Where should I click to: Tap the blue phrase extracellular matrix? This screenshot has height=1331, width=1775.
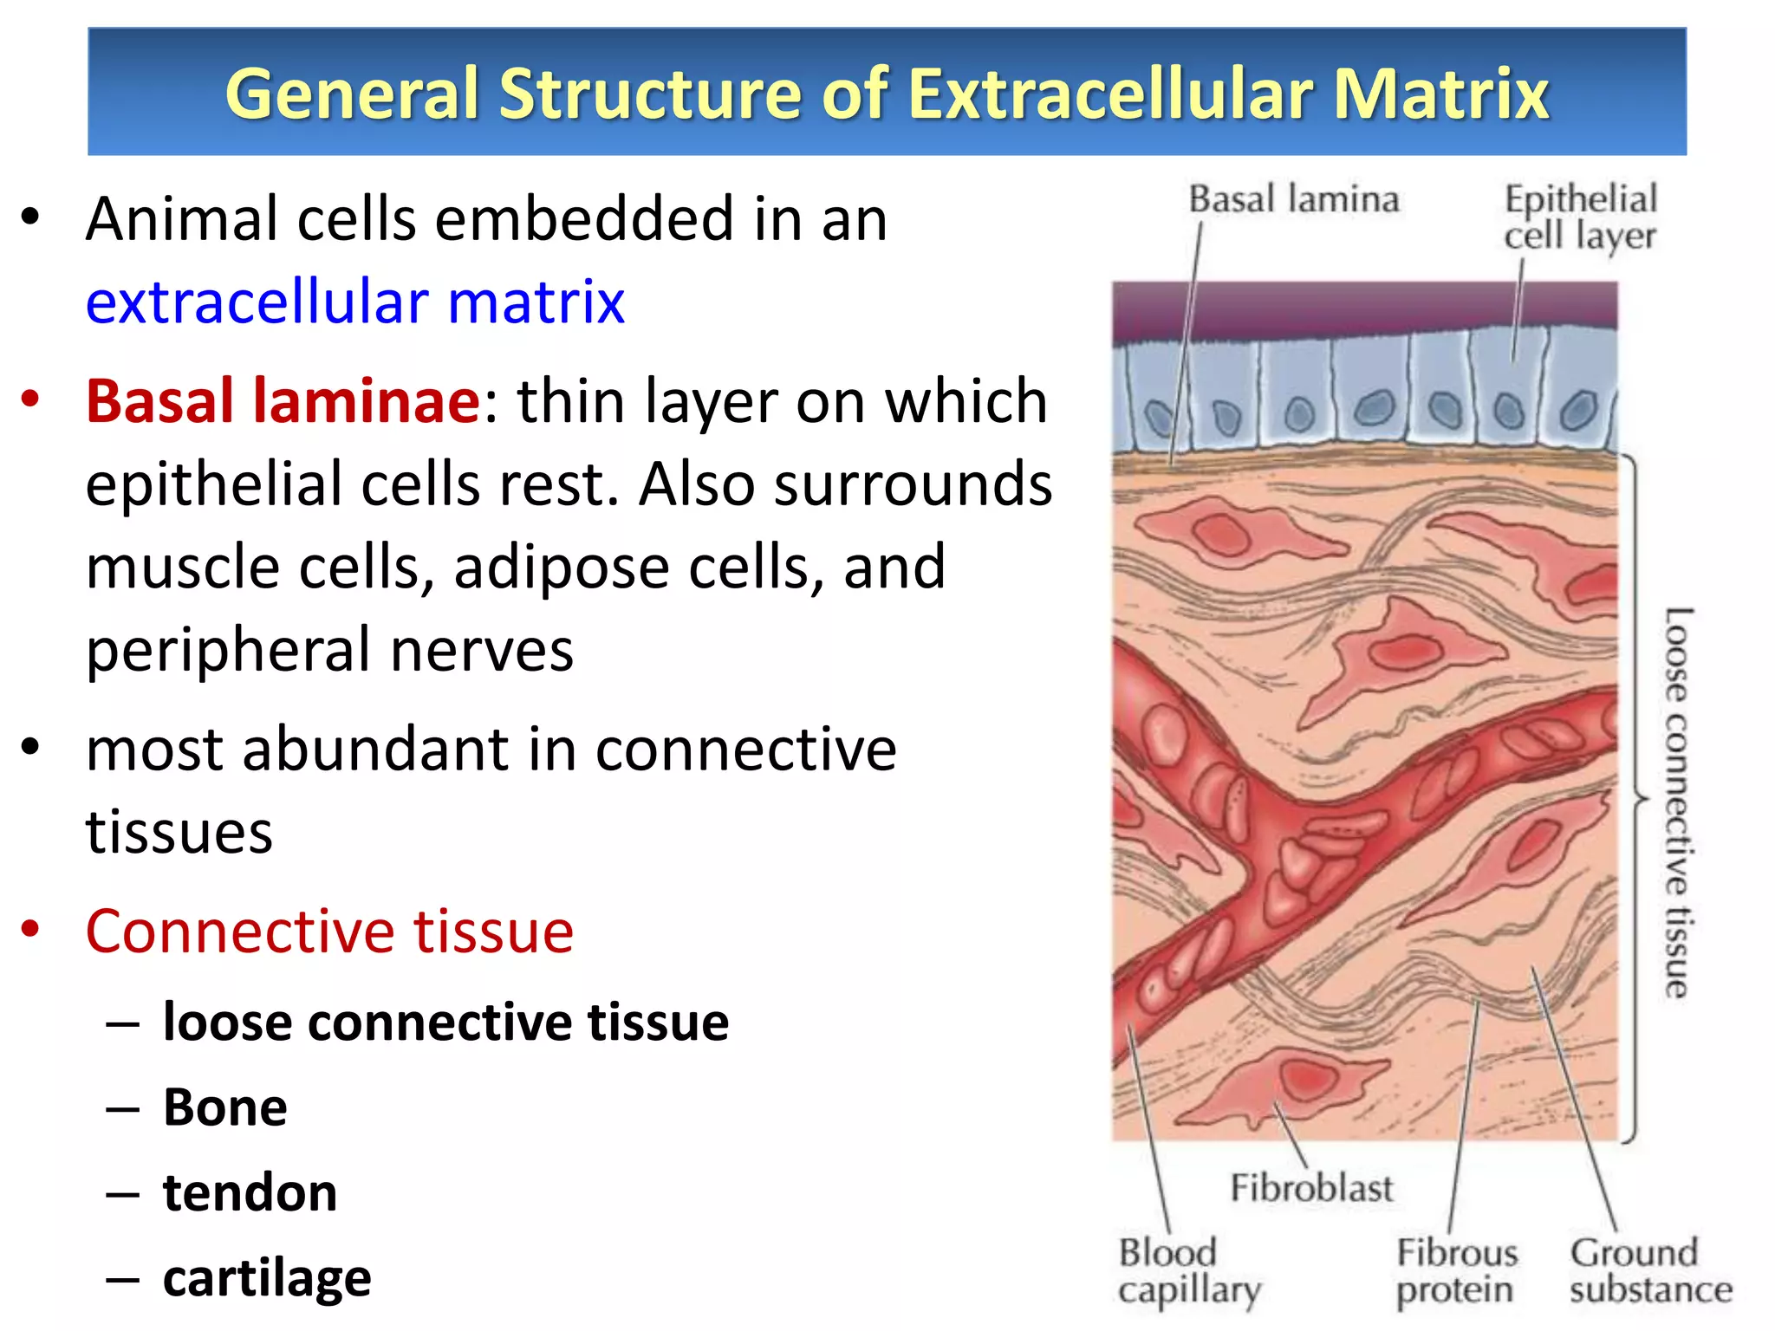pos(355,302)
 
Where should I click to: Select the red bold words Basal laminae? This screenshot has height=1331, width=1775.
pos(283,401)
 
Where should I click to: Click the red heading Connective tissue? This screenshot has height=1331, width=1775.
pos(329,932)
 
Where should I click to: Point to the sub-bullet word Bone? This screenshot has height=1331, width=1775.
pos(225,1107)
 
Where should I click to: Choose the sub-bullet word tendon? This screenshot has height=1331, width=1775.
pos(250,1192)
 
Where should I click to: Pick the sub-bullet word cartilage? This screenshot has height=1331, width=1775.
pos(267,1278)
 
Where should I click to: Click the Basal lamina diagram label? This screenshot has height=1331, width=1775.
pos(1293,199)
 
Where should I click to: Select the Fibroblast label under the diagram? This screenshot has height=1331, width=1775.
pos(1311,1188)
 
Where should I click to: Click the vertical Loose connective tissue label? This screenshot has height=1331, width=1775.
pos(1677,802)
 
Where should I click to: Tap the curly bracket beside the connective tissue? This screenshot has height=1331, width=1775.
pos(1635,797)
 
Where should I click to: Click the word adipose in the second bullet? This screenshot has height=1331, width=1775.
pos(561,568)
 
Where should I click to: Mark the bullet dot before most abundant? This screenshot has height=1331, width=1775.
pos(31,747)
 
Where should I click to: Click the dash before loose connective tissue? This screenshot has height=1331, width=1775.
pos(122,1023)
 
